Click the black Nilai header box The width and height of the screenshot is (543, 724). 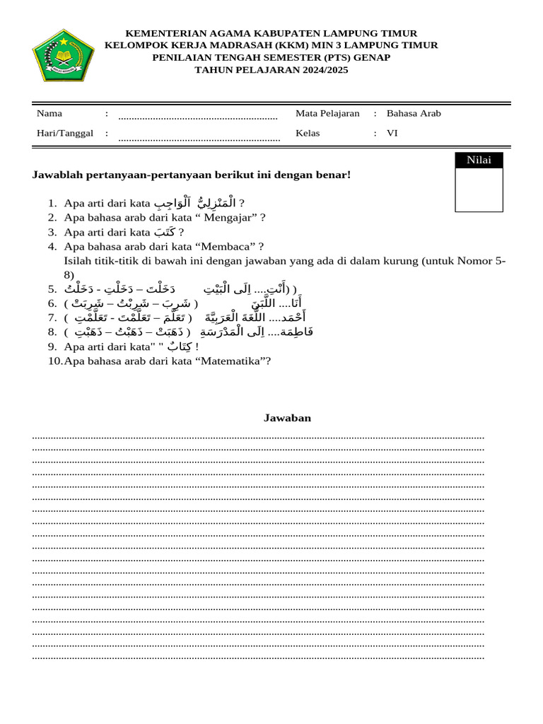479,160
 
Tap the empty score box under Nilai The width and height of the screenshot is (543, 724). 479,189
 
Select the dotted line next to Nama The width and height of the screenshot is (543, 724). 197,117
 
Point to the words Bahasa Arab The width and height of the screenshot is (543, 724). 414,113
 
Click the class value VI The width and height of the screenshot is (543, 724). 392,133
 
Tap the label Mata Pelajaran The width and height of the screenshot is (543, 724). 327,113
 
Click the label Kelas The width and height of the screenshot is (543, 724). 308,133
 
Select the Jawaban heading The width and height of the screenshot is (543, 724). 287,418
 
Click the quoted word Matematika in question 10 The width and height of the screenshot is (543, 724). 233,361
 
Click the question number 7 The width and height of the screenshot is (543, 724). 52,317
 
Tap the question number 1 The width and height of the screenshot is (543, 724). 52,204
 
